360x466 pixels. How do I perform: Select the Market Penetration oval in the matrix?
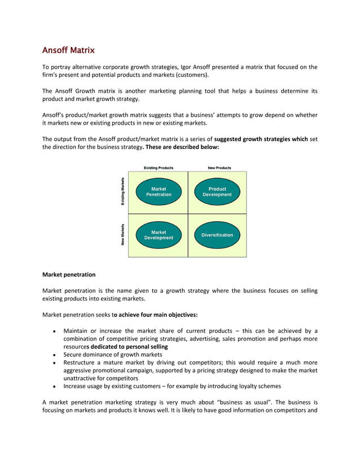click(x=159, y=192)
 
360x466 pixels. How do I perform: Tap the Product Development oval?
click(x=217, y=192)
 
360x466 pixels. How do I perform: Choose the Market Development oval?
click(x=159, y=235)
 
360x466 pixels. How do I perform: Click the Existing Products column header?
click(x=159, y=168)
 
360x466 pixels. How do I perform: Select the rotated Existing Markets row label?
click(x=123, y=192)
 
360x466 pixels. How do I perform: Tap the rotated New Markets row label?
click(x=123, y=235)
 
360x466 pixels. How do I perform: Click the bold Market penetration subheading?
click(x=69, y=275)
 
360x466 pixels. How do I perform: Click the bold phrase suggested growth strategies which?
click(x=261, y=138)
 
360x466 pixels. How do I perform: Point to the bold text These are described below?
click(x=181, y=147)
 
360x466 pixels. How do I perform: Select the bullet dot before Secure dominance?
click(x=53, y=355)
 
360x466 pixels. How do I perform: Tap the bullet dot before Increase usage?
click(x=53, y=387)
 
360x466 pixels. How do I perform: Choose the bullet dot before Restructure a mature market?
click(x=53, y=363)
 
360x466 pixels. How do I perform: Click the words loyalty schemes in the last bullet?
click(x=256, y=386)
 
